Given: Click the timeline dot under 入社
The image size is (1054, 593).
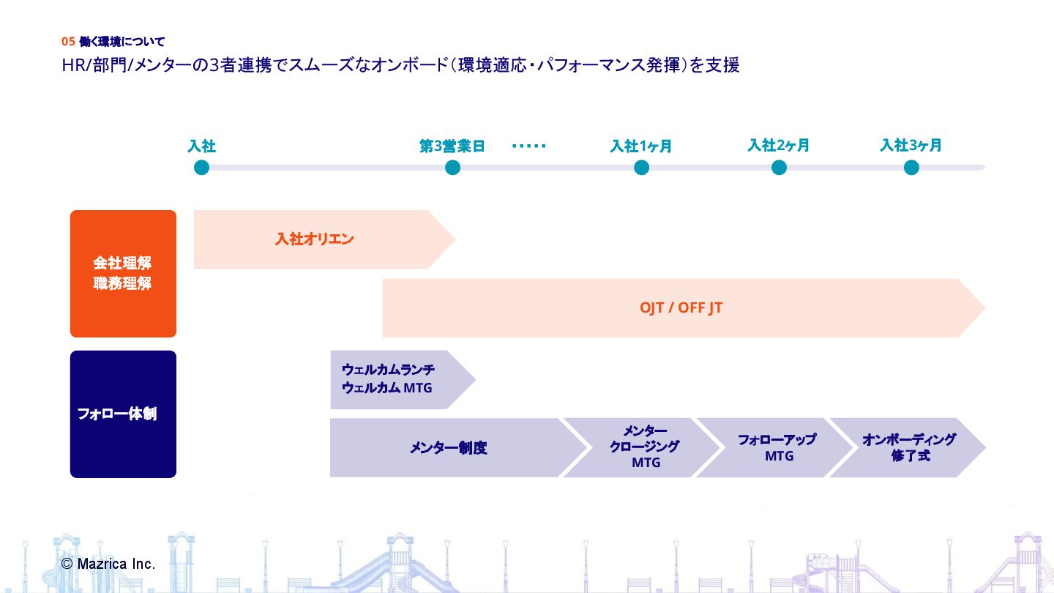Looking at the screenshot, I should pos(202,168).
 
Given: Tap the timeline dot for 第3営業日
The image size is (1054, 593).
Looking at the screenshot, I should pos(452,168).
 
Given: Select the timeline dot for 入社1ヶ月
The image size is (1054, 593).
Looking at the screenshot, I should pos(642,168).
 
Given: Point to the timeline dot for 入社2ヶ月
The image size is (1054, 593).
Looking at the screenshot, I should pos(779,168).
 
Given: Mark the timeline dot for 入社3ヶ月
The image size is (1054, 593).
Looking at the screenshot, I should pos(911,168).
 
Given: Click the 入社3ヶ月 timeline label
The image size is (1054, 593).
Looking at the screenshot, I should pos(911,145).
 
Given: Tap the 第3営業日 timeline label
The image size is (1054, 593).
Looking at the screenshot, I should pos(452,146).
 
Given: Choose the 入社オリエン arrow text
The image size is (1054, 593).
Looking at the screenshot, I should pos(315,239).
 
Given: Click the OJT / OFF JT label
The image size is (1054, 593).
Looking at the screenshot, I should pos(681,308).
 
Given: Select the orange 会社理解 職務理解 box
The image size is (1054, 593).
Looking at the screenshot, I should pos(123,274).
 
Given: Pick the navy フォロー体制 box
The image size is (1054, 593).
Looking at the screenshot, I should pos(123,414).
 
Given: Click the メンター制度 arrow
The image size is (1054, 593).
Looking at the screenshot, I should pos(448,448).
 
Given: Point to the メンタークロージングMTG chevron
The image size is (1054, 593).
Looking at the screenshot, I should pos(640,447).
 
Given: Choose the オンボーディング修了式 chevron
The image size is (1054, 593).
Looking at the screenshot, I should pos(908,447).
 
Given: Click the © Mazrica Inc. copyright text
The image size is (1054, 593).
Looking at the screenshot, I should pos(108,564).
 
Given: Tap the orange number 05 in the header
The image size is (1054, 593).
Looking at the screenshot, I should pos(68,42).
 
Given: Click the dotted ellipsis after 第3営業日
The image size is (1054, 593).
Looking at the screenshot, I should pos(528,146).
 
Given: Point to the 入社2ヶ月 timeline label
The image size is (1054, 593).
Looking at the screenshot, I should pos(778,145).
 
